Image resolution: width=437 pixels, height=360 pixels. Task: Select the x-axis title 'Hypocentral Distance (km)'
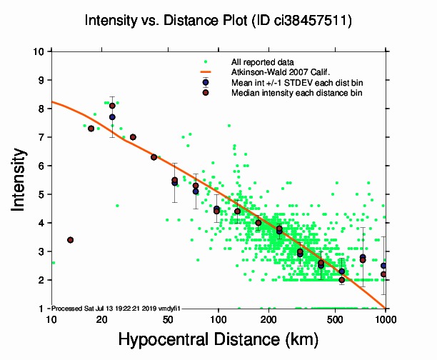pyautogui.click(x=218, y=340)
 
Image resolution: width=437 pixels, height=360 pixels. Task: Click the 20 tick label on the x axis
pyautogui.click(x=101, y=319)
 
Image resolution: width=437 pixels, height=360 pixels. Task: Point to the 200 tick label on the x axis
pyautogui.click(x=268, y=319)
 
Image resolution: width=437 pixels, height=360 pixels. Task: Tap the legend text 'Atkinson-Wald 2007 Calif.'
pyautogui.click(x=279, y=72)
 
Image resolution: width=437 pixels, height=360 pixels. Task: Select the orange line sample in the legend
pyautogui.click(x=206, y=72)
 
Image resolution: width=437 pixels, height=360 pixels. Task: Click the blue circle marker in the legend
pyautogui.click(x=206, y=82)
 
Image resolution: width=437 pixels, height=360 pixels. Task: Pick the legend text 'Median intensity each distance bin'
pyautogui.click(x=296, y=92)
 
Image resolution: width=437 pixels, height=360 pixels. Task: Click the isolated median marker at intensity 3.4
pyautogui.click(x=70, y=240)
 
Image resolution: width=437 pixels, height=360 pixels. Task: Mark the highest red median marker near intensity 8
pyautogui.click(x=112, y=106)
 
